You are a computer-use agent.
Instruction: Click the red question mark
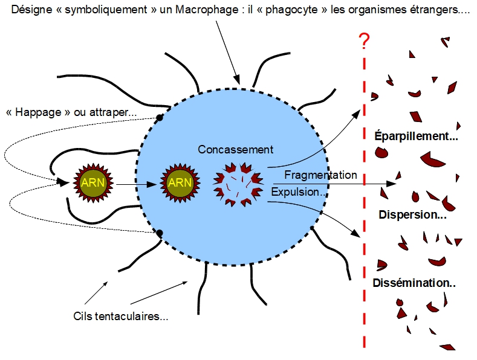(x=364, y=41)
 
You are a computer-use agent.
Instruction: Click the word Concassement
(x=236, y=149)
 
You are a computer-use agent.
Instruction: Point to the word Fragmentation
(x=320, y=175)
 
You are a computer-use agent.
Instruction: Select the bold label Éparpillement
(x=416, y=136)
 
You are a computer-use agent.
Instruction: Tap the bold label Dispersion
(x=412, y=214)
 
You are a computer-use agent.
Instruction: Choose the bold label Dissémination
(x=414, y=283)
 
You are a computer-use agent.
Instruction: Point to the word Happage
(x=39, y=112)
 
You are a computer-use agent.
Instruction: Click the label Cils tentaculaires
(x=120, y=316)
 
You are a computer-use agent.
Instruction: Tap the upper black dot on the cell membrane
(x=160, y=118)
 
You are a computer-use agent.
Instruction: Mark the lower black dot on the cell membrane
(x=160, y=233)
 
